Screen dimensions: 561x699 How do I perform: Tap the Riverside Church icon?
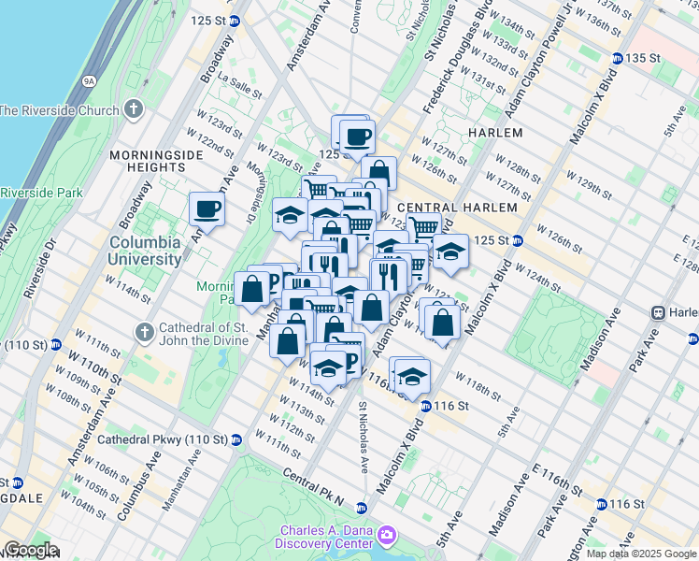click(x=134, y=109)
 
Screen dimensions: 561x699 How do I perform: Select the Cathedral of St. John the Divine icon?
click(x=143, y=332)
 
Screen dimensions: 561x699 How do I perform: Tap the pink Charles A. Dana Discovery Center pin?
click(x=386, y=536)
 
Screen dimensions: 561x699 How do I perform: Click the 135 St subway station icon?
click(x=617, y=58)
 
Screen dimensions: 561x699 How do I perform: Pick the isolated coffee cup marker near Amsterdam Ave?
click(x=207, y=208)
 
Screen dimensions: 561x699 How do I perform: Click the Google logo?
click(x=30, y=550)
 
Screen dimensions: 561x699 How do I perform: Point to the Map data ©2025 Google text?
click(x=641, y=554)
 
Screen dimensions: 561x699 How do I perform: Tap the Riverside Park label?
click(x=41, y=193)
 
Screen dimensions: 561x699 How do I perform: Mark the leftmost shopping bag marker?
click(x=251, y=288)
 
